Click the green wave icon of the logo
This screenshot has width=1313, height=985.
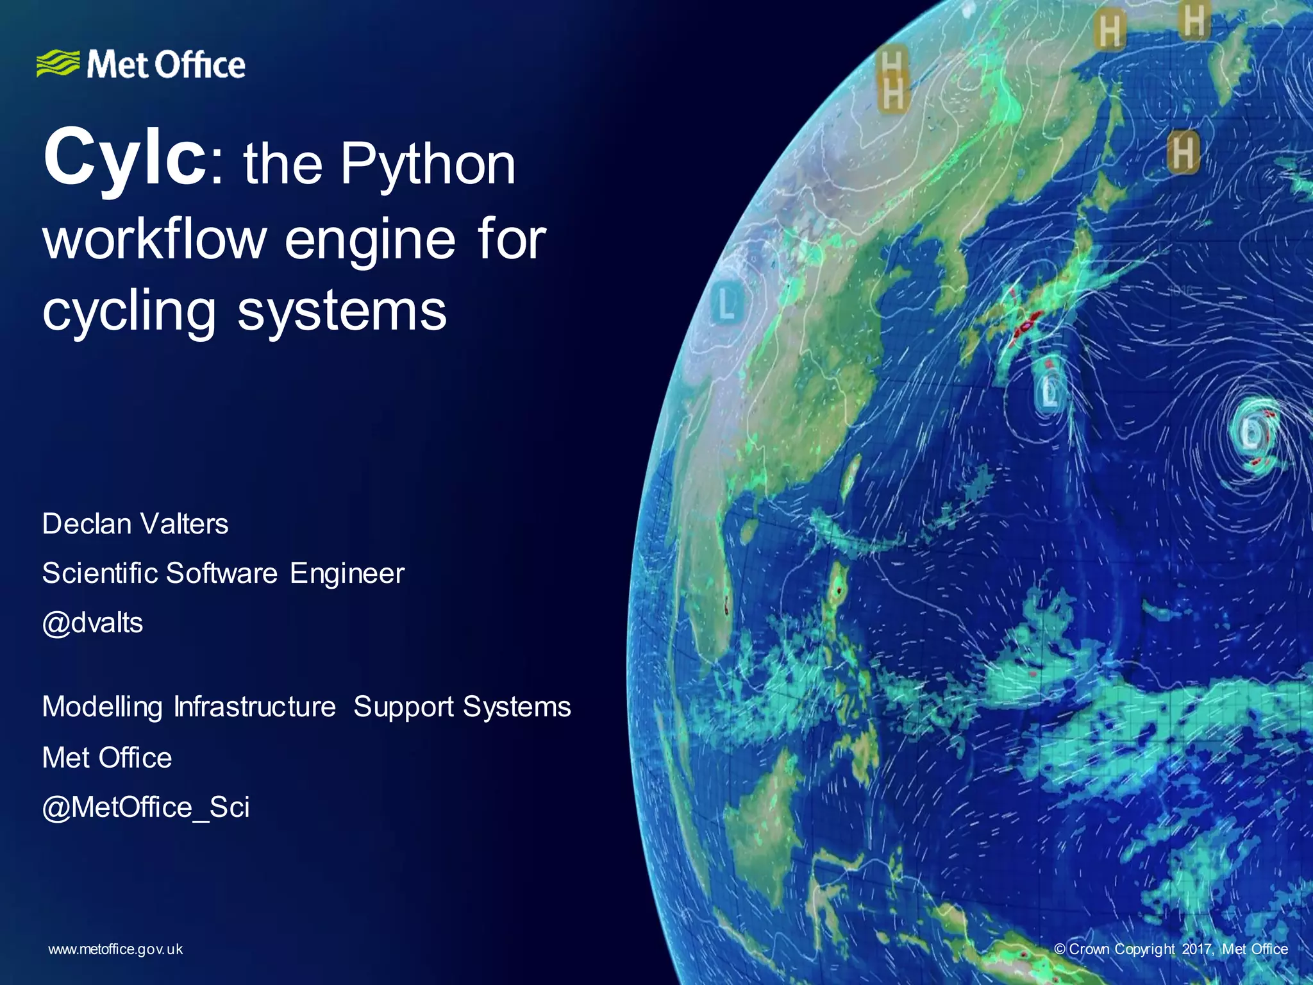[58, 63]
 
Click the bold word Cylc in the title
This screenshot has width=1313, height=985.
[124, 158]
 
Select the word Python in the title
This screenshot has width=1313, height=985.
[428, 165]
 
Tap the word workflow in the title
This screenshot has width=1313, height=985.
[155, 239]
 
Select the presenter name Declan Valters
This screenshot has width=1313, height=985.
[135, 524]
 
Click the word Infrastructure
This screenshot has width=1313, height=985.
[255, 707]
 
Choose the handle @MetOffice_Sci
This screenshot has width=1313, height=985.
[146, 807]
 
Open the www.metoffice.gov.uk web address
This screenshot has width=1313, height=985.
[115, 950]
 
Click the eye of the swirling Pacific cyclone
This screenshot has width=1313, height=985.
[1251, 433]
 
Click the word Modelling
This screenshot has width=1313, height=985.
[102, 707]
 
